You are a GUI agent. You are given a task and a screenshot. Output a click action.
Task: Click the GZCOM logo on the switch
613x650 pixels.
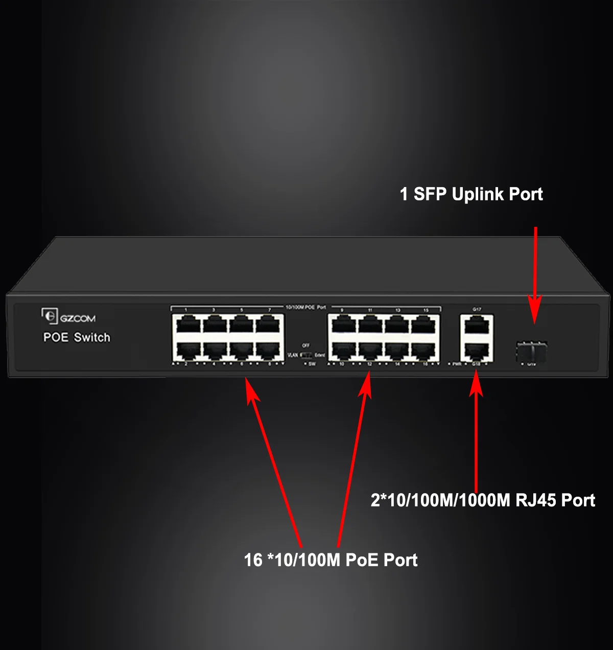tap(69, 317)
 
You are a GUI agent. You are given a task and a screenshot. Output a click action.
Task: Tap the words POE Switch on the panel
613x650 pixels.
tap(77, 337)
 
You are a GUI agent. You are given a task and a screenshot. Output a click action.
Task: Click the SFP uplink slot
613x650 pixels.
tap(531, 351)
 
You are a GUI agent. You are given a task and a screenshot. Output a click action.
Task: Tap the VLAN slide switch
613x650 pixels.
tap(306, 355)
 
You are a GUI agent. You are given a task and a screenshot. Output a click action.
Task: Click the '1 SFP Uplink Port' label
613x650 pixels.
tap(471, 194)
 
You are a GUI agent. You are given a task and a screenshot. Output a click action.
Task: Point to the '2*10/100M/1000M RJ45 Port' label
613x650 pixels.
tap(483, 500)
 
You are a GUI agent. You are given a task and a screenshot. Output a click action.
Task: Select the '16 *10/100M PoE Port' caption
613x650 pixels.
tap(331, 560)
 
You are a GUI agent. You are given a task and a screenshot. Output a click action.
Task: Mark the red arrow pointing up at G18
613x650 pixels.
tap(476, 434)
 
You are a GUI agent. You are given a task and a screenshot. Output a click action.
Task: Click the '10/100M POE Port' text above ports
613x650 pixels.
tap(305, 307)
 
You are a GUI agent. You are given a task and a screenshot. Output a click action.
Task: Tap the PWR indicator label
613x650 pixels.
tap(456, 364)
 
